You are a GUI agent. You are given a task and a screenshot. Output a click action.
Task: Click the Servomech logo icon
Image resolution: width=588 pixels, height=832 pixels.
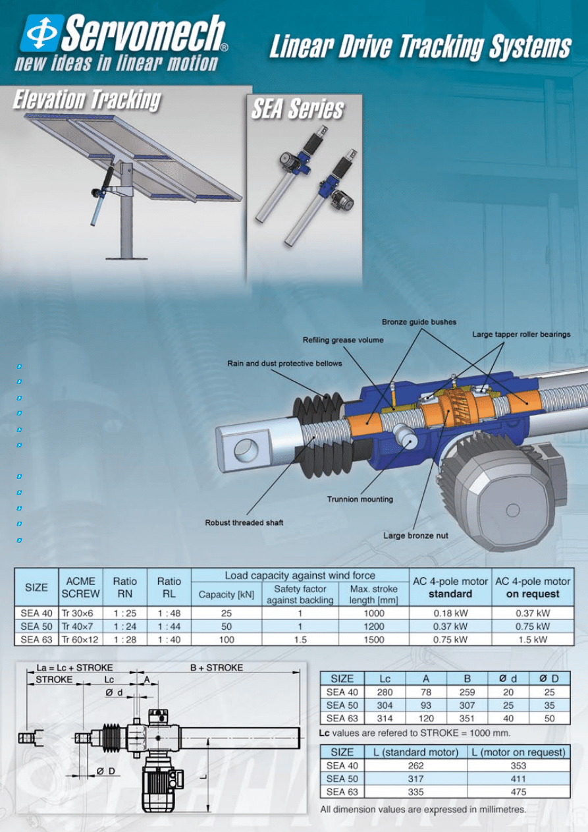pyautogui.click(x=40, y=33)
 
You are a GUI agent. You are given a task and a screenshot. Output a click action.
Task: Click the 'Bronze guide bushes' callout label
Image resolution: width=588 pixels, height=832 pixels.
pyautogui.click(x=419, y=322)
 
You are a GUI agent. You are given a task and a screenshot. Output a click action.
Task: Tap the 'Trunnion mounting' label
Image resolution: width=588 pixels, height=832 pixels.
pyautogui.click(x=360, y=499)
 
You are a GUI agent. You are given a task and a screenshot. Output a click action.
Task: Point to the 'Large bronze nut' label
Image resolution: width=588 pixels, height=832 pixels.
pyautogui.click(x=415, y=536)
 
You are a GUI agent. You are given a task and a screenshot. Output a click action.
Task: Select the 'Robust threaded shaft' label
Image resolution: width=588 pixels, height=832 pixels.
pyautogui.click(x=244, y=522)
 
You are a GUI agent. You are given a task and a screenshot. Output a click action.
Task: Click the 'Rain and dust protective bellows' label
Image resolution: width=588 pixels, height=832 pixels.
pyautogui.click(x=284, y=363)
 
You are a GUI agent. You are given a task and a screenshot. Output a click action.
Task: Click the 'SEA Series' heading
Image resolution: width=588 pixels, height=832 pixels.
pyautogui.click(x=298, y=109)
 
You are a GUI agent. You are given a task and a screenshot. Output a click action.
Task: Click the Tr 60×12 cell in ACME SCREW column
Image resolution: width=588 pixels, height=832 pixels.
pyautogui.click(x=80, y=639)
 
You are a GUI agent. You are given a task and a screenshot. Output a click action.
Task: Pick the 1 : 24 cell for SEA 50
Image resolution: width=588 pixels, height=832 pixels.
pyautogui.click(x=124, y=626)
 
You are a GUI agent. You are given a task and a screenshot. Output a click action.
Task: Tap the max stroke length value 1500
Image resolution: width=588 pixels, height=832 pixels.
pyautogui.click(x=373, y=639)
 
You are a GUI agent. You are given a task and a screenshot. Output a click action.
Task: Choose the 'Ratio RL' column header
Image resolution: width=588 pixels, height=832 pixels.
pyautogui.click(x=169, y=587)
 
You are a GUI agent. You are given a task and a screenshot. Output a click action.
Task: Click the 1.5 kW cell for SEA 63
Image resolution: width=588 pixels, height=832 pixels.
pyautogui.click(x=532, y=639)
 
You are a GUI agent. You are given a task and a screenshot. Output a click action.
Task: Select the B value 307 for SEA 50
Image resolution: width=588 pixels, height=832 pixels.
pyautogui.click(x=467, y=705)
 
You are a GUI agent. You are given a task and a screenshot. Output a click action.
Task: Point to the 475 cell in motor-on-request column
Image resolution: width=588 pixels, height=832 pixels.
pyautogui.click(x=518, y=792)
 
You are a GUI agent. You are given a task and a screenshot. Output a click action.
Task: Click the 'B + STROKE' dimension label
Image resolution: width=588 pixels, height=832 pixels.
pyautogui.click(x=217, y=667)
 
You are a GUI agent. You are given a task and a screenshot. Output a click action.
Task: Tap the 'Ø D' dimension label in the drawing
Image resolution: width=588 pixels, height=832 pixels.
pyautogui.click(x=105, y=771)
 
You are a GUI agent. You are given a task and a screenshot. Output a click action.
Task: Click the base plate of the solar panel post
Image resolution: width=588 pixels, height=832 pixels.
pyautogui.click(x=126, y=257)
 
